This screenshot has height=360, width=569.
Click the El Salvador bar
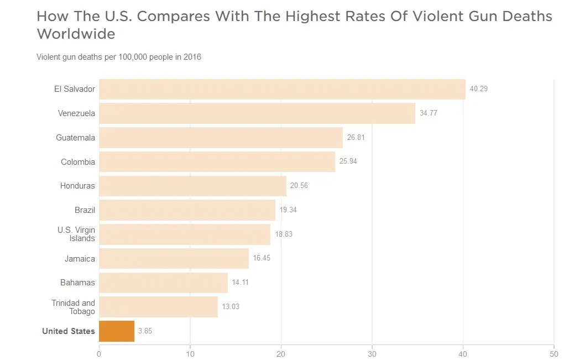coord(282,89)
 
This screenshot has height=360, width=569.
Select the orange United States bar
coord(117,331)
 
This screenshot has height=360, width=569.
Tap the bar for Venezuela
coord(257,113)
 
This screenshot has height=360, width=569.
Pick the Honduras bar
coord(192,186)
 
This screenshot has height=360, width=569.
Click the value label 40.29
coord(478,89)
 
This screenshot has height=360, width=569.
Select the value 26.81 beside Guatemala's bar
coord(356,138)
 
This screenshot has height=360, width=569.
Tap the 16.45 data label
coord(262,258)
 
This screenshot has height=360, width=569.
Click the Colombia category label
coord(78,162)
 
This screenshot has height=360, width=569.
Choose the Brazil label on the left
coord(85,210)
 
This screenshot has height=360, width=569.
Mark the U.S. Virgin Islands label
coord(76,234)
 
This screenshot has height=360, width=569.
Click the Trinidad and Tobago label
coord(74,307)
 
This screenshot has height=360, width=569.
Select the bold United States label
coord(69,331)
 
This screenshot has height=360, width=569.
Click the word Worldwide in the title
coord(76,34)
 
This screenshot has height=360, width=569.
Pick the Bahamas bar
coord(163,283)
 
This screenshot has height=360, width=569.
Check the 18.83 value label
coord(284,234)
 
